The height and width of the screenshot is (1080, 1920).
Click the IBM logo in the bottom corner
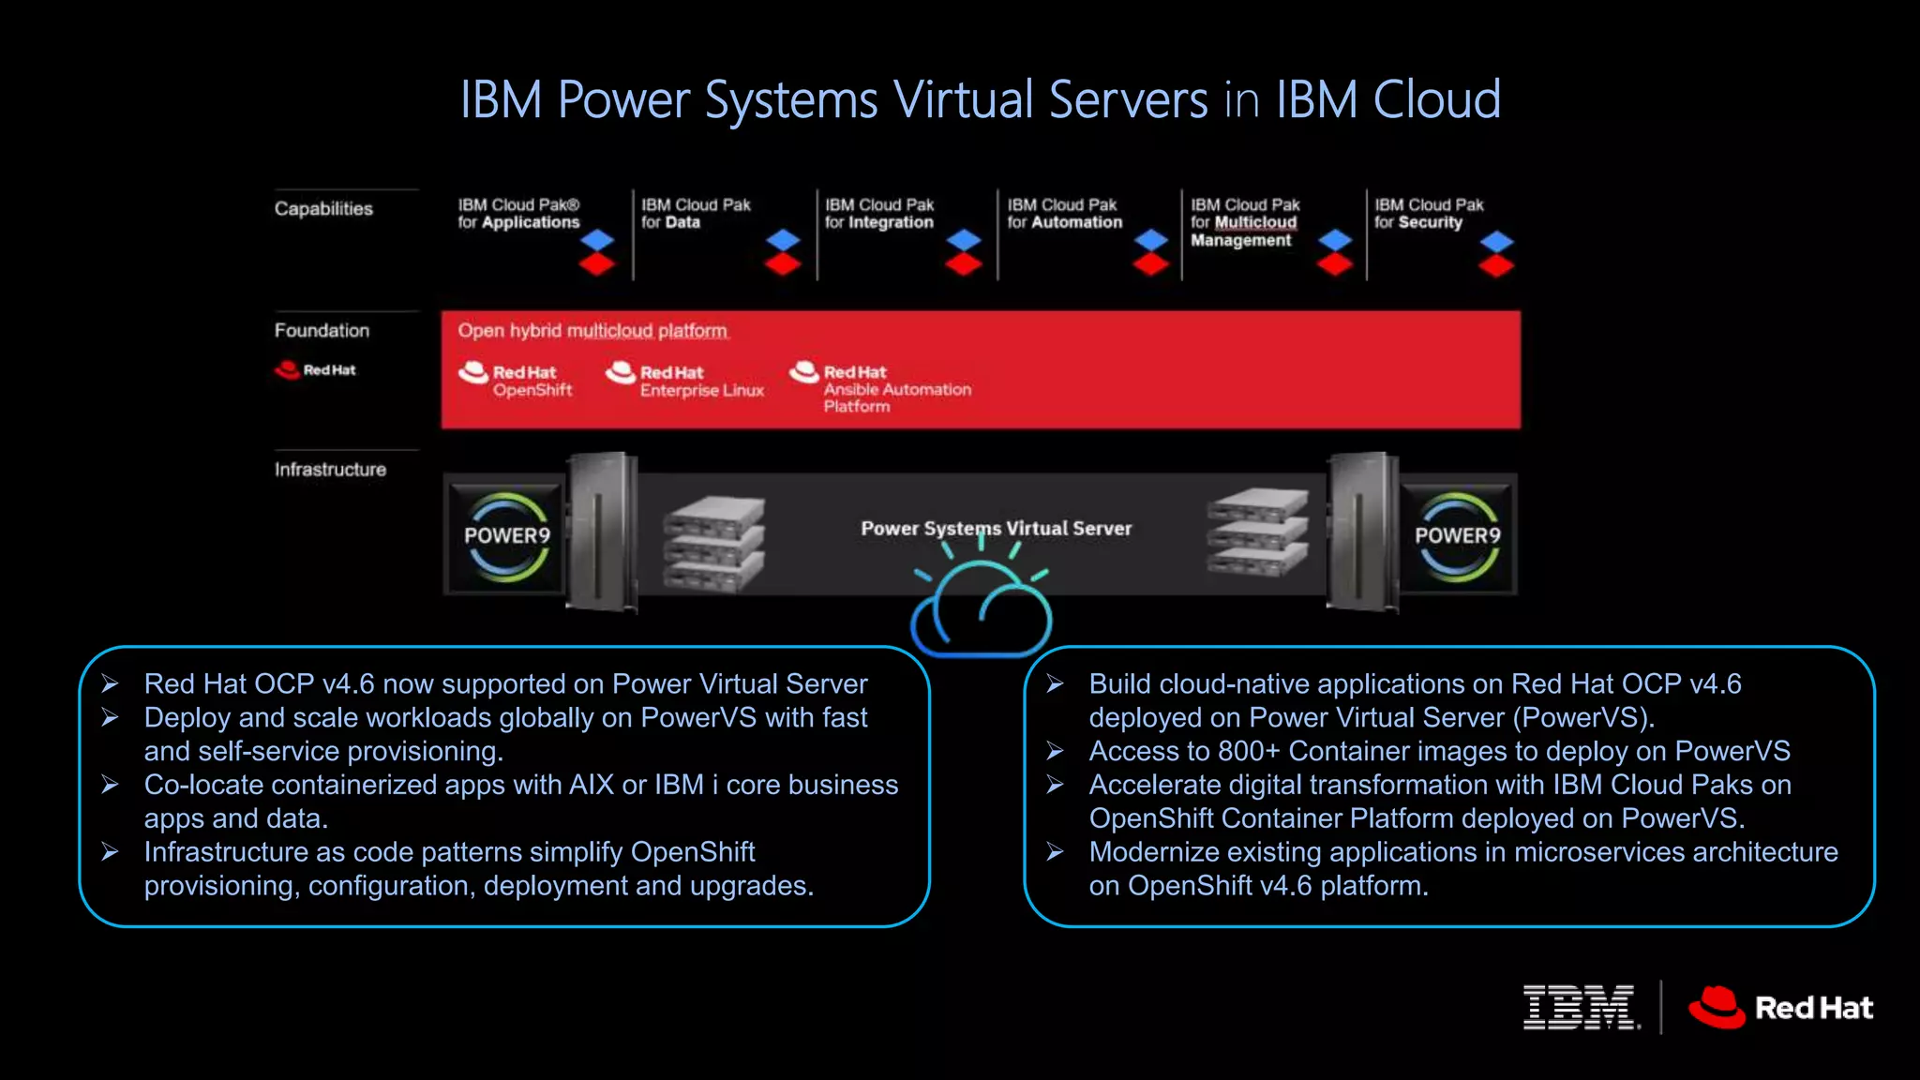(x=1581, y=1008)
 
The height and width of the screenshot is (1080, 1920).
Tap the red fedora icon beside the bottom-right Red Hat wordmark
(x=1717, y=1008)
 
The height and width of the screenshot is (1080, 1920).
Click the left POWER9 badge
(x=507, y=536)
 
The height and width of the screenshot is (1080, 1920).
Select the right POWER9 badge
(x=1457, y=536)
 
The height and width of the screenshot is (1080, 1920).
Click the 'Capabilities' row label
(x=323, y=209)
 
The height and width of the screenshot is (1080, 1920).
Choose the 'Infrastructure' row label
(x=330, y=470)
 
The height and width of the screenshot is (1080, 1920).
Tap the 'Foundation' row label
(x=322, y=331)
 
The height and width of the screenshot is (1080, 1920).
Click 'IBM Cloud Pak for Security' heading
(x=1428, y=214)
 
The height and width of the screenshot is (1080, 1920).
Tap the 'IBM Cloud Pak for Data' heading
(x=696, y=214)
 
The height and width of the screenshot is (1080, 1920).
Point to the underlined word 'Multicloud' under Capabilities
(x=1255, y=223)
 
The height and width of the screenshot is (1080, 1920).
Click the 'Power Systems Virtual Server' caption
(x=996, y=529)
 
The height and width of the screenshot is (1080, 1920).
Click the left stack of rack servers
(x=713, y=544)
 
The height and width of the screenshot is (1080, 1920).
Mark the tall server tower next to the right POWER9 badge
(x=1363, y=532)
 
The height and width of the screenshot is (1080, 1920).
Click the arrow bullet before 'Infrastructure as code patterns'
(x=111, y=852)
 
